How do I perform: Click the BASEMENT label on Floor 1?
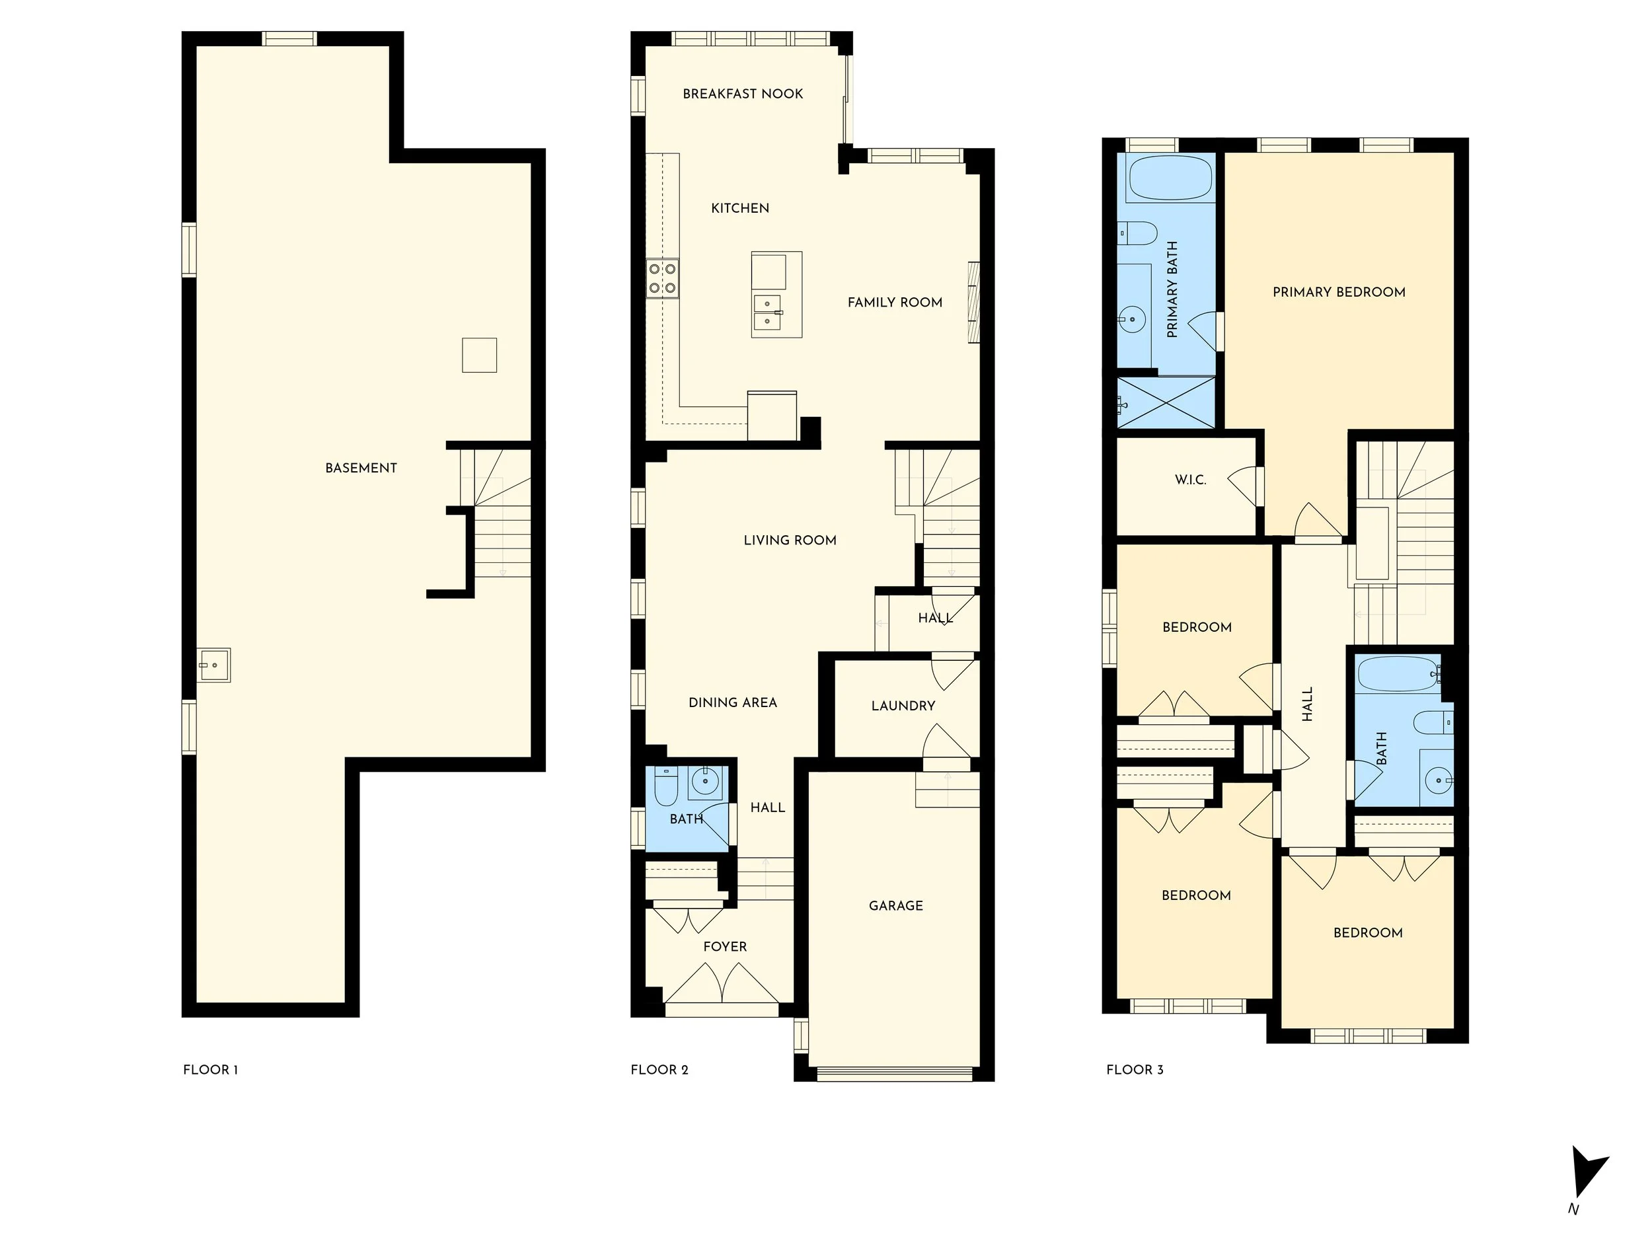361,469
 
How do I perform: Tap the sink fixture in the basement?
214,665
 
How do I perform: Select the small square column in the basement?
478,355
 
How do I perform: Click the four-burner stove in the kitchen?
662,278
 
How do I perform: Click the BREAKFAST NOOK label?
742,94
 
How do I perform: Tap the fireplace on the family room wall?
973,302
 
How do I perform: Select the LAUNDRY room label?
903,706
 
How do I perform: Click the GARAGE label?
895,906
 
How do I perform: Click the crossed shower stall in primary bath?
1165,402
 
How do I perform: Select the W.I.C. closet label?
1191,480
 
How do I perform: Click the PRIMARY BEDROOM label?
1338,293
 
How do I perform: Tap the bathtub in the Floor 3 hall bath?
1396,675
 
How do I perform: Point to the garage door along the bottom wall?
895,1074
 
